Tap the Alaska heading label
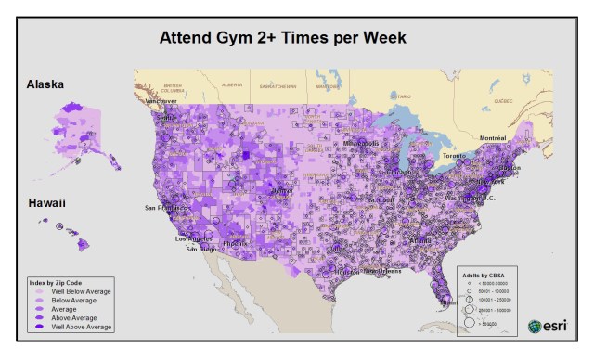click(45, 84)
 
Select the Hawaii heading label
click(45, 201)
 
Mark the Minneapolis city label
click(360, 144)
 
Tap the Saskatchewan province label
click(278, 84)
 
